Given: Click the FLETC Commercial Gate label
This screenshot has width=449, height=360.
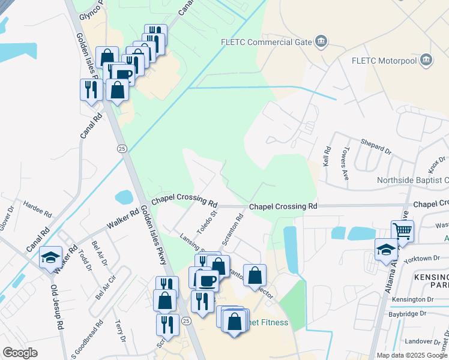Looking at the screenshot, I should click(268, 42).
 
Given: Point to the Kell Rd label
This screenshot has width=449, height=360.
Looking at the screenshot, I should click(327, 157).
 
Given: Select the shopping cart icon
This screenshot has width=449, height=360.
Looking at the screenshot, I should click(402, 230).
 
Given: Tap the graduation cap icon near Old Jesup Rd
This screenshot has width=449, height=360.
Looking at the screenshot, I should click(50, 257).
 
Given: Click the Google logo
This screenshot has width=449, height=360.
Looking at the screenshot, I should click(20, 353).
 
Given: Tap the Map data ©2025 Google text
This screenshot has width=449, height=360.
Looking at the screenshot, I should click(411, 355).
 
